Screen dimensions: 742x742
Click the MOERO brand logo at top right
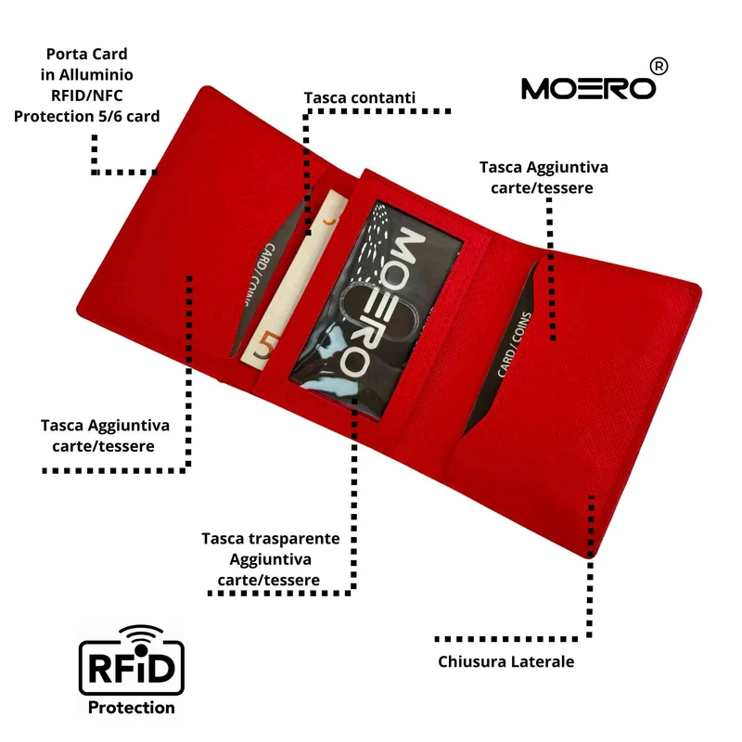588,88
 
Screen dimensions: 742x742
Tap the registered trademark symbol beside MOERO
659,66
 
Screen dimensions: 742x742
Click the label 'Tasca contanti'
359,97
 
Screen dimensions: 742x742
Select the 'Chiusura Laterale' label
505,661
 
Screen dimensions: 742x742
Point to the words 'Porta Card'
86,54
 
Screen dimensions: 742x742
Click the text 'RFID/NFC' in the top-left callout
86,96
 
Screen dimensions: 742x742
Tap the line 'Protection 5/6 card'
86,116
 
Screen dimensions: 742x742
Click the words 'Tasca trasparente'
270,539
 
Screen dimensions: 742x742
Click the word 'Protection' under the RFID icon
131,708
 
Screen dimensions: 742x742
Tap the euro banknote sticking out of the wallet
292,280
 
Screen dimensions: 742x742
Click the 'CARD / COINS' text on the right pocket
515,344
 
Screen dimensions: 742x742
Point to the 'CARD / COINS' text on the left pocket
256,274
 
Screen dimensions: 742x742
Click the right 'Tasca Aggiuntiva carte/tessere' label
544,177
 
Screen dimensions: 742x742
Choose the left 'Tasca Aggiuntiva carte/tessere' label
105,435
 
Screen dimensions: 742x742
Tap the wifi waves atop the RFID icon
141,634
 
